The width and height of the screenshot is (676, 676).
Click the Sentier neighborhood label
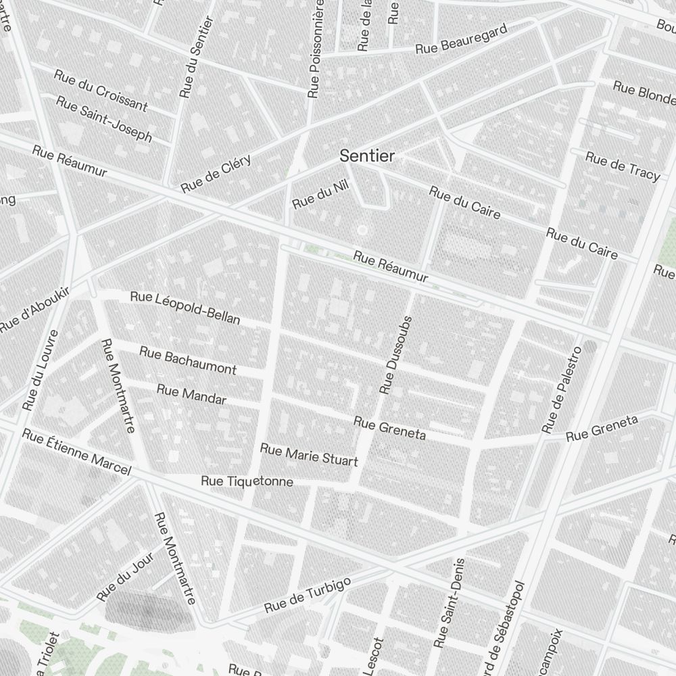(367, 156)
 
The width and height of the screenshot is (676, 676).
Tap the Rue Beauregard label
(461, 40)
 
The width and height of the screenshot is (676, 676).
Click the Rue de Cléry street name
(216, 173)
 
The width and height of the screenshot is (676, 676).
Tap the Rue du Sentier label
(196, 58)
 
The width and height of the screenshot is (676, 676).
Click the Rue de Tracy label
(622, 166)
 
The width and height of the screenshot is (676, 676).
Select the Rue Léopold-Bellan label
(185, 308)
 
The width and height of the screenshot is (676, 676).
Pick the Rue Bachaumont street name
(188, 360)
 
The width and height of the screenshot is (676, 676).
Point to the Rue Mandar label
(191, 394)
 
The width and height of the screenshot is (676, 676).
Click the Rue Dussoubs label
(396, 355)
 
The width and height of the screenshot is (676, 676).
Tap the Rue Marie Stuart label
(309, 455)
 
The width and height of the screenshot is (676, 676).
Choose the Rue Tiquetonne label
(247, 481)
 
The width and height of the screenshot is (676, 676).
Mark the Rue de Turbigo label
(308, 596)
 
